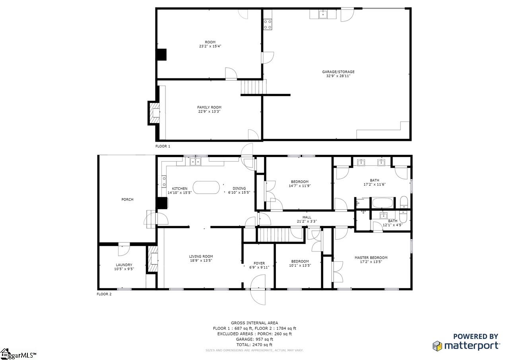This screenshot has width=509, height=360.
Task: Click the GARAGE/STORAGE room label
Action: pos(338,72)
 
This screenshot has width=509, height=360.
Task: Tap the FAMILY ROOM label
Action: pos(209,107)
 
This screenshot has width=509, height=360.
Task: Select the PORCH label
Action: pos(127,200)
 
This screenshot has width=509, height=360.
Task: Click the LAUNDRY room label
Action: pos(124,265)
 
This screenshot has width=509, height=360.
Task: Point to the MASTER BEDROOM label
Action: pos(371,257)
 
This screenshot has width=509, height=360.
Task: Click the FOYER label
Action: pos(259,263)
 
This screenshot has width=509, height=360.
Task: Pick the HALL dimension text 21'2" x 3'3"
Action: pos(307,221)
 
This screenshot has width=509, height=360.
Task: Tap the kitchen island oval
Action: pos(206,187)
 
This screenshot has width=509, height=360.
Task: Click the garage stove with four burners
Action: pos(268,25)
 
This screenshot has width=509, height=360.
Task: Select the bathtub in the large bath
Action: pos(383,203)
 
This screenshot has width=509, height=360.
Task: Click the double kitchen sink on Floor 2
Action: pos(195,162)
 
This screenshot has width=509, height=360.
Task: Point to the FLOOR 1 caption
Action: pos(163,146)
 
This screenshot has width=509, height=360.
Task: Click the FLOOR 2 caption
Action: pos(104,294)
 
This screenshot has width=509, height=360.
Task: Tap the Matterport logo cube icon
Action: pos(437,346)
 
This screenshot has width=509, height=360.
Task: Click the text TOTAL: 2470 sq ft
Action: pos(254,344)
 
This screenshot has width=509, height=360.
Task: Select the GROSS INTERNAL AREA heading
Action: pos(254,323)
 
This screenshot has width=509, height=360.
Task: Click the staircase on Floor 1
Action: pos(254,87)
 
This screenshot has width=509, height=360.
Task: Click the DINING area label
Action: pos(239,189)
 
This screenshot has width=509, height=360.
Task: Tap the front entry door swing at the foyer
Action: pos(258,290)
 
